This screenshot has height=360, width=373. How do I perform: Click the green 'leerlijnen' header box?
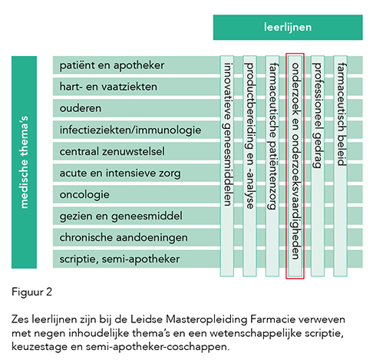click(288, 28)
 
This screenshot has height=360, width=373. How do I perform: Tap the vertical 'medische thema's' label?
click(24, 162)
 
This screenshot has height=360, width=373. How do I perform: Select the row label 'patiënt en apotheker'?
click(112, 65)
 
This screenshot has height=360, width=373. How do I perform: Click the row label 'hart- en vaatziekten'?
click(108, 87)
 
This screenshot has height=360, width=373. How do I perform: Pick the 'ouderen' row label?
click(81, 108)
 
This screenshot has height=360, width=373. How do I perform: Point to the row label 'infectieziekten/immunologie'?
click(130, 130)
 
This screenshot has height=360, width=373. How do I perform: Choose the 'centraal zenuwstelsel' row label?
click(112, 151)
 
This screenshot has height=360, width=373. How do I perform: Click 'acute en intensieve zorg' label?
click(120, 173)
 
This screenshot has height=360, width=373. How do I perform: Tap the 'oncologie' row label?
click(84, 195)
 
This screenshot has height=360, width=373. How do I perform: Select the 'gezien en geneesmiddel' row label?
click(120, 216)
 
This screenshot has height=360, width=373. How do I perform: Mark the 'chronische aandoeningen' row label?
click(124, 238)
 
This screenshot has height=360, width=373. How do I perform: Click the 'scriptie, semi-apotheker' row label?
click(120, 259)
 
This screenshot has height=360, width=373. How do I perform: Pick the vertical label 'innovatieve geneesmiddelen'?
click(227, 134)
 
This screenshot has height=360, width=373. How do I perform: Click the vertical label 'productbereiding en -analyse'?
click(249, 136)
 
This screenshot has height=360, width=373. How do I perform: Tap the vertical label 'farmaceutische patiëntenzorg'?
click(272, 137)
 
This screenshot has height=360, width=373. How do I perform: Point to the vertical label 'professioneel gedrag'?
click(318, 115)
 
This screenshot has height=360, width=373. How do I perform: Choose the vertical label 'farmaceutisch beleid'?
click(341, 114)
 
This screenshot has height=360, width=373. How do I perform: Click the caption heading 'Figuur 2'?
click(31, 292)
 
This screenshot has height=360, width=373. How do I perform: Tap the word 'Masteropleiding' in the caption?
click(206, 319)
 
